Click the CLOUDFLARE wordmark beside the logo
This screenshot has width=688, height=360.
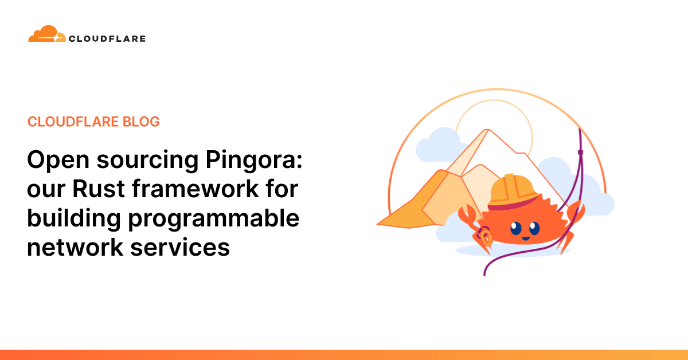(x=107, y=39)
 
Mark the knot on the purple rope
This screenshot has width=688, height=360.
(x=580, y=152)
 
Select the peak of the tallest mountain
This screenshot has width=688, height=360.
(x=487, y=130)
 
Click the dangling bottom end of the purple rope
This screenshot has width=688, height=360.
(x=486, y=273)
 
